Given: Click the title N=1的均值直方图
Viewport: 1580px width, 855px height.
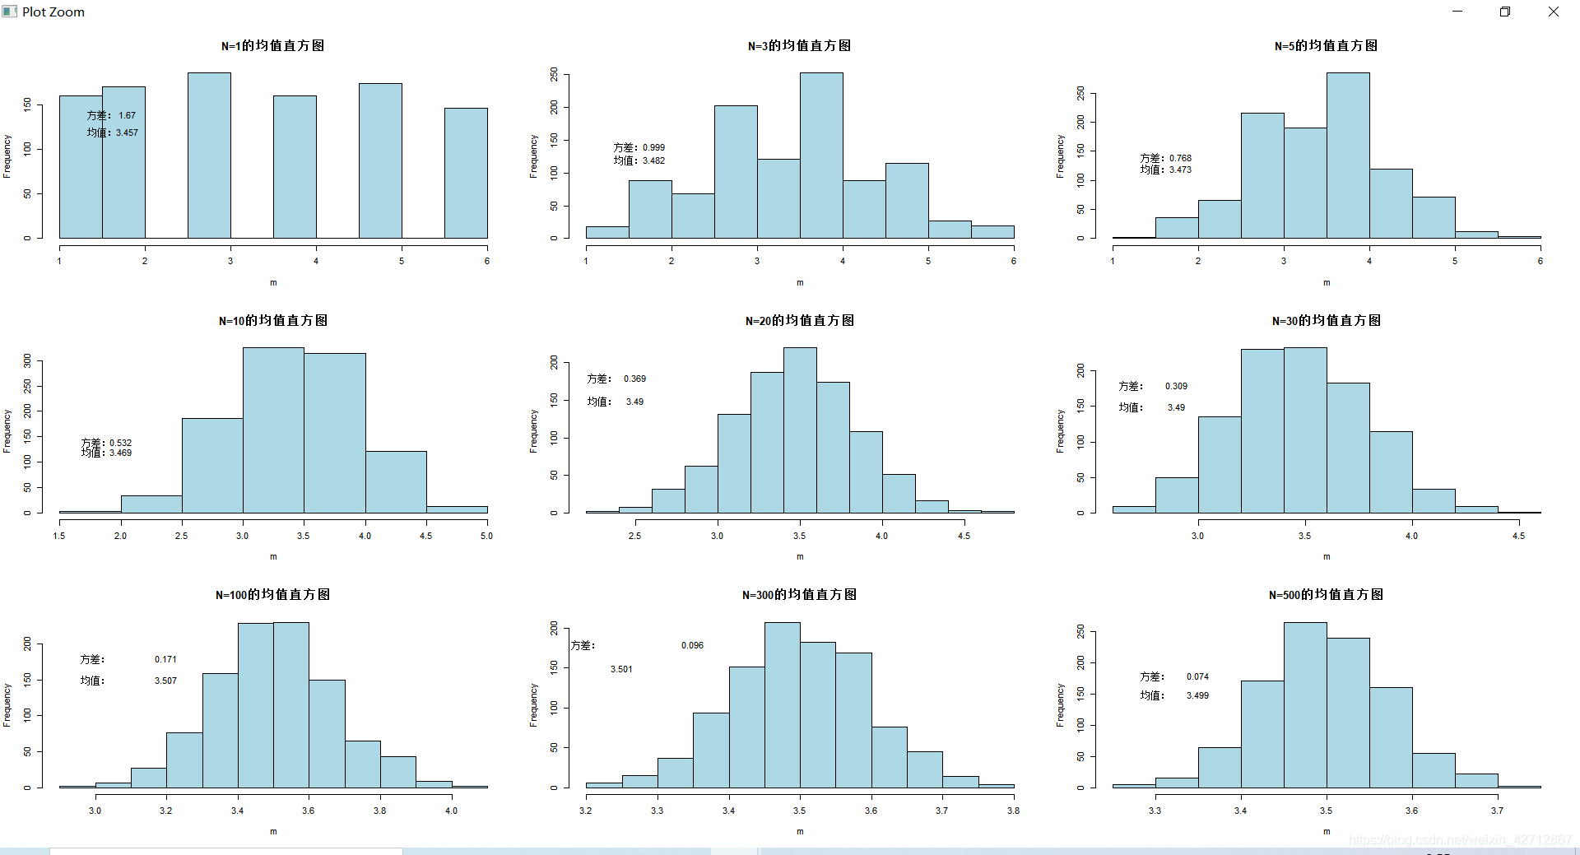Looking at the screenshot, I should (x=272, y=46).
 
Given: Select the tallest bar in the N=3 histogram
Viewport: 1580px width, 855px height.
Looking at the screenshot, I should (x=821, y=156).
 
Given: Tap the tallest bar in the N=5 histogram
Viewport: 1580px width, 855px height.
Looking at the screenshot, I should (x=1348, y=156).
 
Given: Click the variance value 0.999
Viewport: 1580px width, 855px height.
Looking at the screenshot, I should (x=653, y=148).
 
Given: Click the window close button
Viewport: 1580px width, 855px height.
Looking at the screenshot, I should (x=1553, y=12).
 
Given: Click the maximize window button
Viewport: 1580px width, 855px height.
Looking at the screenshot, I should (x=1505, y=12).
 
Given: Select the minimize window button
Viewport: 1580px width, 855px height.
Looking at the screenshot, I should (x=1457, y=12).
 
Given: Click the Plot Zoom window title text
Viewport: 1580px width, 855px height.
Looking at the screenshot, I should (x=53, y=12).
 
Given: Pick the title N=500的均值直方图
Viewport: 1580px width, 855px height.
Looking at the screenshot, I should (x=1326, y=595).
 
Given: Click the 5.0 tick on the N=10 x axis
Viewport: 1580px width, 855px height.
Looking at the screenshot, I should (x=486, y=536).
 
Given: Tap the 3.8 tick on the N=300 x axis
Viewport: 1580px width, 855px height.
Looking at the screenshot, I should (x=1013, y=811).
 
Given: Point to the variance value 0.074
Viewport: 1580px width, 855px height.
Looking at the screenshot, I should (x=1197, y=676).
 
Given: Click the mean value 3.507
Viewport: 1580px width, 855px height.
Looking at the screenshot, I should (x=165, y=681).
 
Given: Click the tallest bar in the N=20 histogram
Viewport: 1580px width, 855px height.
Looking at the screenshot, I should (x=800, y=430).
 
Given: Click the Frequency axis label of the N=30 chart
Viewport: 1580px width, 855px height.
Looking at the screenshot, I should (x=1060, y=431).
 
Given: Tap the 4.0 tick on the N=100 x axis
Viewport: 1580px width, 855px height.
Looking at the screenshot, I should (x=451, y=811).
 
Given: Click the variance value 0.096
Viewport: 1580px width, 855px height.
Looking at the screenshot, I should (x=692, y=645).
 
